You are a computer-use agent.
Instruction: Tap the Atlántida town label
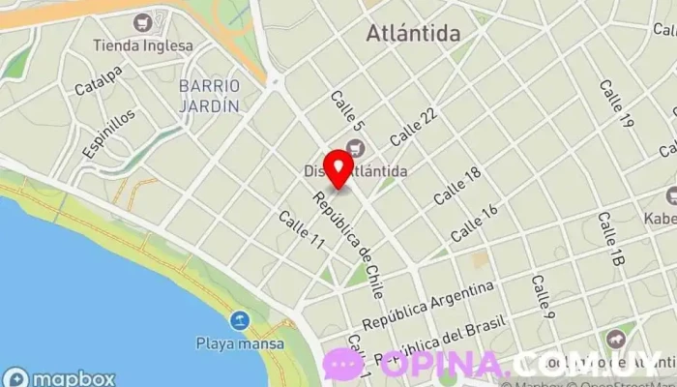(x=413, y=34)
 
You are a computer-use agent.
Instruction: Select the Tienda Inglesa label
(x=142, y=45)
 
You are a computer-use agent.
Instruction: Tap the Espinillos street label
(x=108, y=134)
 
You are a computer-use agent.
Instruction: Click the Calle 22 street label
(x=414, y=127)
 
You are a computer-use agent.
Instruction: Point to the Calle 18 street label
(x=456, y=185)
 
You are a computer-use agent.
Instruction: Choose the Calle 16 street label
(x=474, y=223)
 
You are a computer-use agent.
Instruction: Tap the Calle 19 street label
(x=616, y=104)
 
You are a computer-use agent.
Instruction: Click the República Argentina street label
(x=427, y=305)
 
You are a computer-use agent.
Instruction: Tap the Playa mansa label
(x=240, y=342)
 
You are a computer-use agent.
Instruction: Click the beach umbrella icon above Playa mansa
(x=239, y=320)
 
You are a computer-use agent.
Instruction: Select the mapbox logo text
(x=60, y=378)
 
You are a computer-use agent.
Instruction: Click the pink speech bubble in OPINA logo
(x=343, y=365)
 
